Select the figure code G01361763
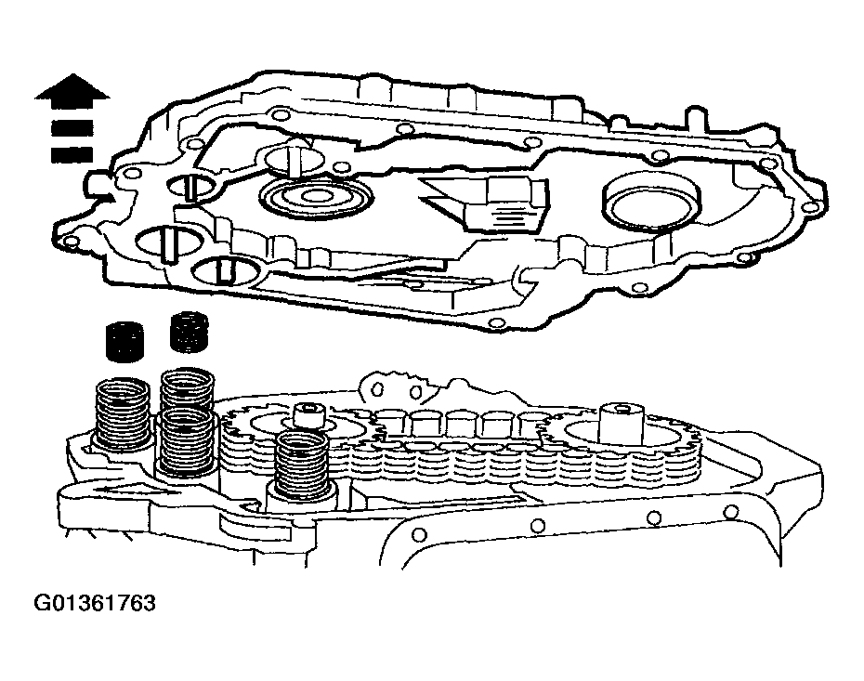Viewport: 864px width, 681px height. pyautogui.click(x=94, y=604)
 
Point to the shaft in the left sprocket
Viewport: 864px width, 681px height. pyautogui.click(x=308, y=415)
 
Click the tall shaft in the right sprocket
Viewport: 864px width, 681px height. pyautogui.click(x=621, y=424)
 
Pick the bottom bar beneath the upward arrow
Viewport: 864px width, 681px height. pyautogui.click(x=72, y=153)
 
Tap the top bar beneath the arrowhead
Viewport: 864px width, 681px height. pyautogui.click(x=72, y=128)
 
